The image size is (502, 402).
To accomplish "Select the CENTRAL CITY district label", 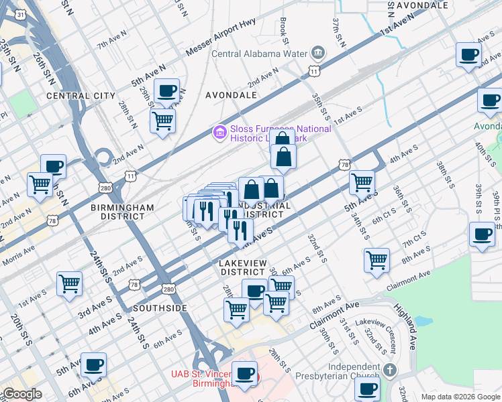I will (81, 96).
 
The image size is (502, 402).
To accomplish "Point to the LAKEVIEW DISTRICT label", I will (242, 267).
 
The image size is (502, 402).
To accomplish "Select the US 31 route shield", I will (21, 14).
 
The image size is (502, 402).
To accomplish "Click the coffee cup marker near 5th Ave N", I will (166, 90).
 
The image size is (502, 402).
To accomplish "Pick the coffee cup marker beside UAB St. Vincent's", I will (245, 373).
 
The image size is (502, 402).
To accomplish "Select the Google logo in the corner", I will (21, 394).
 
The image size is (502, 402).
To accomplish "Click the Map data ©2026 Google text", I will (460, 397).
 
